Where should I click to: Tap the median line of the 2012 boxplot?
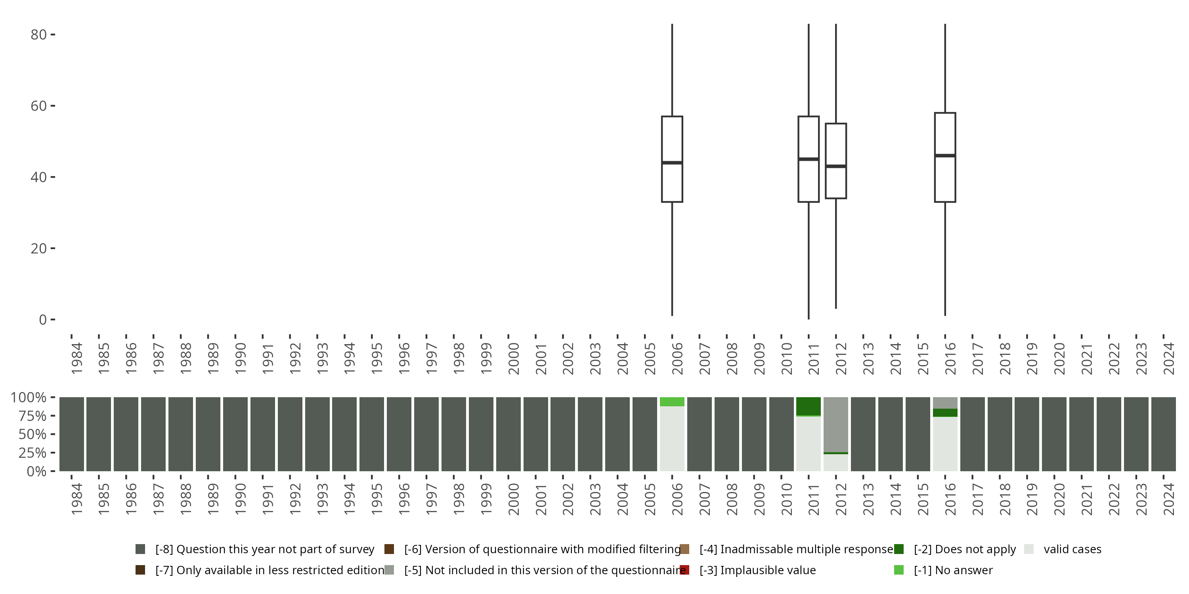tap(835, 166)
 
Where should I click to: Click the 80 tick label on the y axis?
tap(38, 34)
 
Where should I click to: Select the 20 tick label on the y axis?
tap(38, 249)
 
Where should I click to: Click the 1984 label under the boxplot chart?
tap(76, 358)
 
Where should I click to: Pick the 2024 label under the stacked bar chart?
tap(1169, 499)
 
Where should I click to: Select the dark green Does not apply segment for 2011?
tap(808, 406)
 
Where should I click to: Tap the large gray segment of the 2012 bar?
tap(835, 424)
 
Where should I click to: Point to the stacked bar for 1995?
tap(372, 434)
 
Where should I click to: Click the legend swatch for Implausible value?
tap(684, 570)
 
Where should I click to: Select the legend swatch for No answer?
tap(898, 570)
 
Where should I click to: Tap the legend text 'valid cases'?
tap(1072, 549)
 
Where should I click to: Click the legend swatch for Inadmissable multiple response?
tap(684, 549)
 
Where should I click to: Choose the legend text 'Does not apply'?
tap(965, 549)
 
